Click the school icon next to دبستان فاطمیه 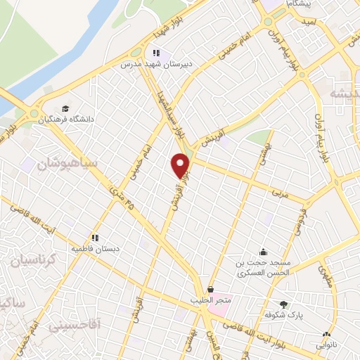click(x=94, y=238)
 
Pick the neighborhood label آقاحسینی click(x=75, y=326)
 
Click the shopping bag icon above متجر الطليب click(x=210, y=288)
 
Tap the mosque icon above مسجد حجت click(x=264, y=252)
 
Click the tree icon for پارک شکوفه click(x=283, y=304)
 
